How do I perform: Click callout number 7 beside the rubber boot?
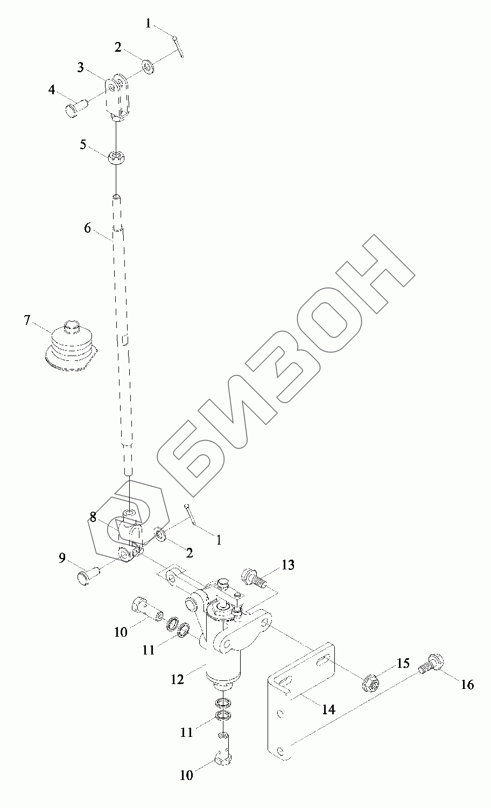point(27,320)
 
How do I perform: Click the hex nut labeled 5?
point(115,158)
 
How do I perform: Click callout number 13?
point(288,565)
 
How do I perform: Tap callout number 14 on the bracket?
point(328,709)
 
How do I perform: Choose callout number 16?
point(467,684)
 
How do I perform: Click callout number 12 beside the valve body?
point(178,679)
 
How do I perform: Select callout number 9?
point(62,558)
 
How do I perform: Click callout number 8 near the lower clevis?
point(93,517)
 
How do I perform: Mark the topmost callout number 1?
point(149,24)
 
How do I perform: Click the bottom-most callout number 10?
point(186,776)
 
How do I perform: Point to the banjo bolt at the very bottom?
point(223,757)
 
